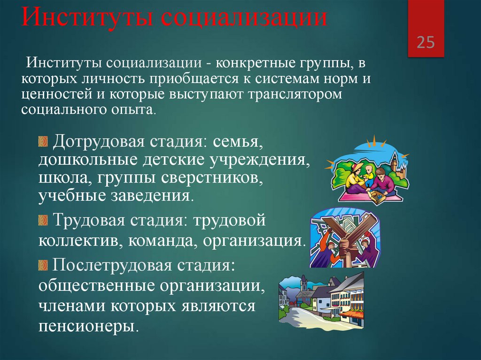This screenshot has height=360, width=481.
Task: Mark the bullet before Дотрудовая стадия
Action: [43, 141]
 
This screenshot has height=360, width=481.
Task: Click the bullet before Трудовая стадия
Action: [43, 220]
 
